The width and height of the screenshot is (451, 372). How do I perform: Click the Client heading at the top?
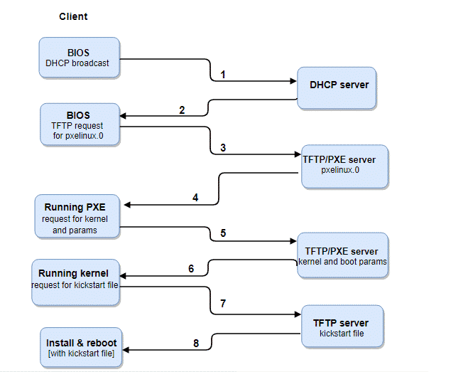coord(73,16)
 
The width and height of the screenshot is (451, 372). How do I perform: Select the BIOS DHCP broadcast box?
coord(80,58)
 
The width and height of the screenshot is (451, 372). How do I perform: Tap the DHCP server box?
coord(337,88)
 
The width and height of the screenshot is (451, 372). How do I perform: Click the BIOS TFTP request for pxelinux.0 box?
coord(80,124)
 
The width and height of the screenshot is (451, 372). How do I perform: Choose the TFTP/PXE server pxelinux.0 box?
coord(345,167)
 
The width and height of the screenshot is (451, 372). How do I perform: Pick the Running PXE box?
coord(77,216)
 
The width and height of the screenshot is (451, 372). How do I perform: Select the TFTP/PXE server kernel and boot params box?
coord(342,255)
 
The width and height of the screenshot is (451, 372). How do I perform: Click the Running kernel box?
coord(76,282)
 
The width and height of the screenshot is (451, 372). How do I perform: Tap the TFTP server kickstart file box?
coord(342,326)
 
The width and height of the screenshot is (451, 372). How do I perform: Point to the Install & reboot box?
coord(82,348)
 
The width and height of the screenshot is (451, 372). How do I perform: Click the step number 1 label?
coord(222,75)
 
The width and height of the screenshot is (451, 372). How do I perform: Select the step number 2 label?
coord(182,110)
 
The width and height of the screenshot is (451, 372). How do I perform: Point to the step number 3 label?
coord(223,148)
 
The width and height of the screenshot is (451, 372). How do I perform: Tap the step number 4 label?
coord(195,198)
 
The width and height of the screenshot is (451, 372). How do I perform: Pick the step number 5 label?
coord(223,233)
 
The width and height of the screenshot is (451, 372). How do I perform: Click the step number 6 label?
coord(191,269)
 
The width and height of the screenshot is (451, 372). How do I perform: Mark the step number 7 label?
coord(223,304)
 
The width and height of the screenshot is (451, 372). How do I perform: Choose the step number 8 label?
coord(196,344)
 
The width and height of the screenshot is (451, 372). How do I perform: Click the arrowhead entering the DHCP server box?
coord(293,81)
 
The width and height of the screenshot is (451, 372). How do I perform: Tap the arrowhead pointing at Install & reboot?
coord(126,350)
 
